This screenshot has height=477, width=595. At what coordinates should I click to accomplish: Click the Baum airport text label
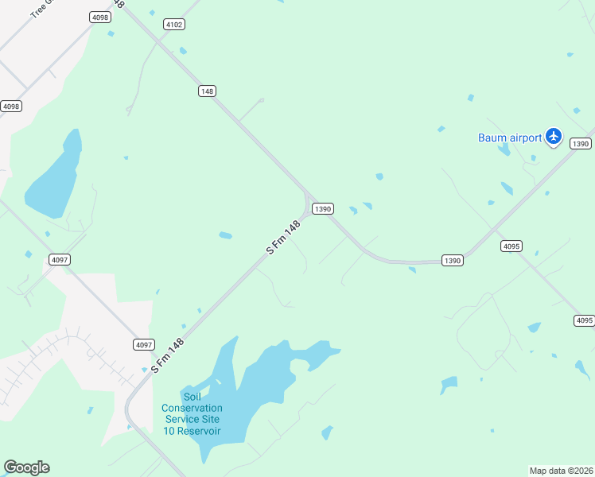509,138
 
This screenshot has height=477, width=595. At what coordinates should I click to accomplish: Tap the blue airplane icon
554,138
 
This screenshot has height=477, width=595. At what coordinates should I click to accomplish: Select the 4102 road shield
174,25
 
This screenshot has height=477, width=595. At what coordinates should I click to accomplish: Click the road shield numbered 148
207,91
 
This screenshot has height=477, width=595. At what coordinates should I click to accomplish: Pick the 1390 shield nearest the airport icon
581,144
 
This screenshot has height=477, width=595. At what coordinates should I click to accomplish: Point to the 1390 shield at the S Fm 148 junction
322,209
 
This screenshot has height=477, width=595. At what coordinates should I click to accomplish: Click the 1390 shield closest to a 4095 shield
452,261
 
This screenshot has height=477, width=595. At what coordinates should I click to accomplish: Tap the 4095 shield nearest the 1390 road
511,246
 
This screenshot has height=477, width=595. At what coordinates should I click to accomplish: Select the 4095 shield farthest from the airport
584,320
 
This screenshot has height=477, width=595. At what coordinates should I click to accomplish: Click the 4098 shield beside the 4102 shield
99,17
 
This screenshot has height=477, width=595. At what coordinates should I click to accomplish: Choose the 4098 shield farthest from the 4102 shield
11,106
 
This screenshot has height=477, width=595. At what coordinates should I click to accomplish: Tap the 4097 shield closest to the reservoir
143,344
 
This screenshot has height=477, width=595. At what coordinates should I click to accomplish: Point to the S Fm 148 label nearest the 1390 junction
283,238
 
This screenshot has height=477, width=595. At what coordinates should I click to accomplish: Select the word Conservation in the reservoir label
192,409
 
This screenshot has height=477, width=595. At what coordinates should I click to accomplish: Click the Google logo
26,467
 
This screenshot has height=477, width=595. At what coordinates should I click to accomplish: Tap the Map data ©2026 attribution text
561,471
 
